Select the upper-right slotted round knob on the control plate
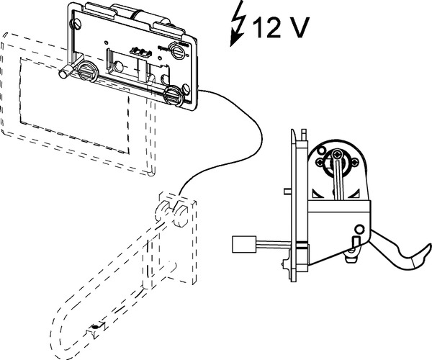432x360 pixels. coord(178,51)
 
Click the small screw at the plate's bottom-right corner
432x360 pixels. coord(186,89)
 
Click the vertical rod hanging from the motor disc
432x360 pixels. coord(338,180)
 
